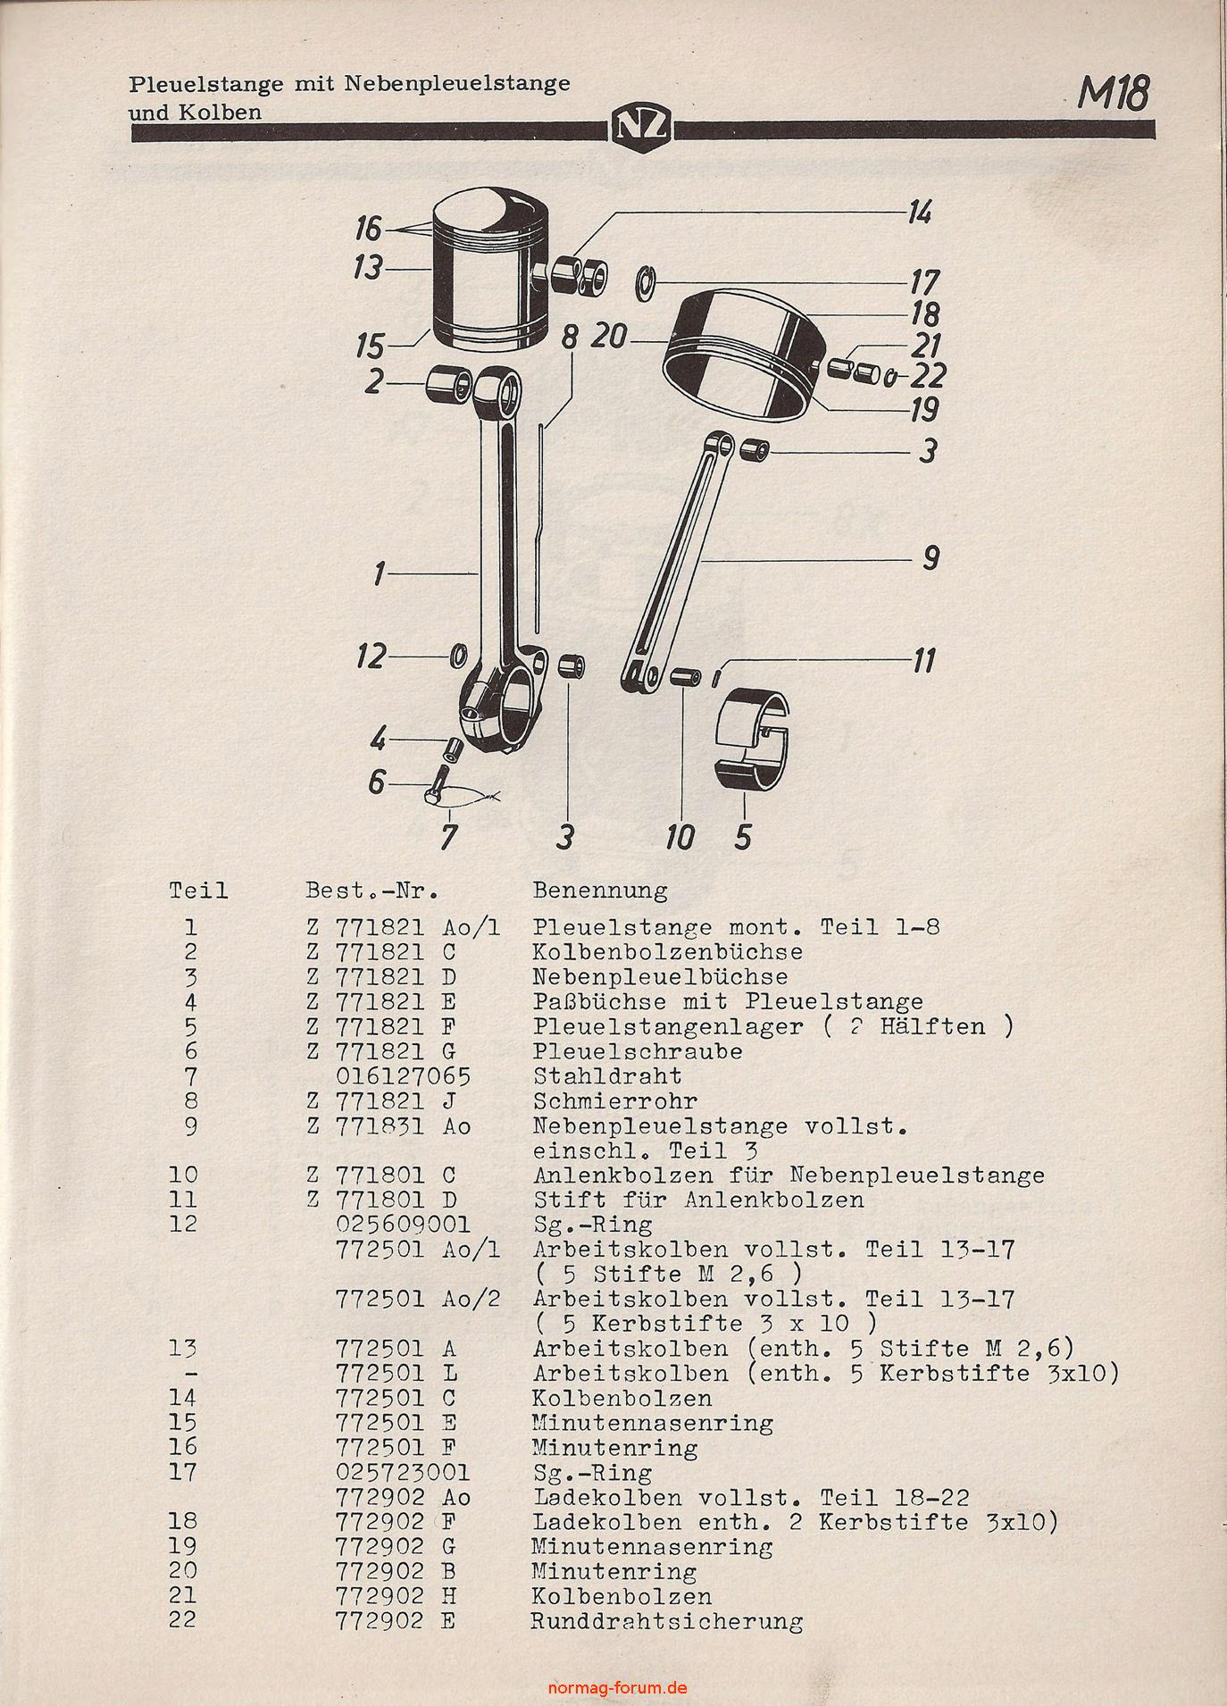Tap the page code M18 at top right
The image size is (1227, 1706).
click(1113, 93)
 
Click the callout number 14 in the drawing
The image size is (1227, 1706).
click(919, 213)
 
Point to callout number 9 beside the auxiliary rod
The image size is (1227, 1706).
click(930, 559)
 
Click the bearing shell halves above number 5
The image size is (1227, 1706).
click(754, 740)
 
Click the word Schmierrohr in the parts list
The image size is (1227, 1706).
click(614, 1101)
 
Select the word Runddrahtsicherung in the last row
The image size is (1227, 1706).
click(666, 1620)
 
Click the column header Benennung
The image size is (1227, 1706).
click(599, 891)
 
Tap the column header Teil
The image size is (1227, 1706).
click(198, 891)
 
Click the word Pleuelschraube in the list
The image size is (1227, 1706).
click(637, 1051)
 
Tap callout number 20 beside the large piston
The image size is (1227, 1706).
click(610, 339)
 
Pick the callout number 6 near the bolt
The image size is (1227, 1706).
click(377, 783)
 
